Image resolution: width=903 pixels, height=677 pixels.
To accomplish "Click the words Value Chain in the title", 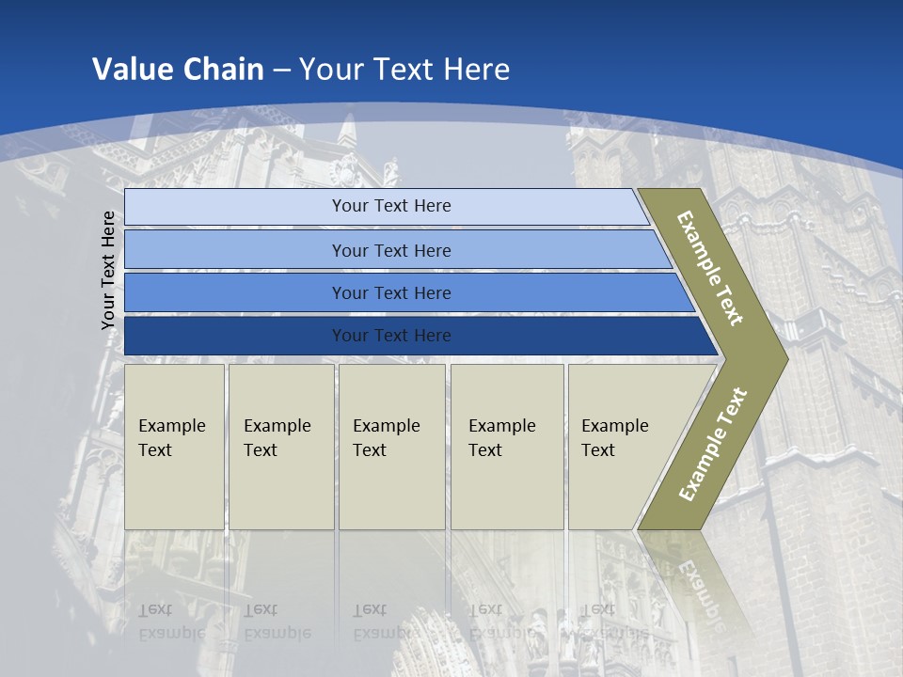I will [178, 69].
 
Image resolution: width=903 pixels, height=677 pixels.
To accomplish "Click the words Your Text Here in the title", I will [404, 69].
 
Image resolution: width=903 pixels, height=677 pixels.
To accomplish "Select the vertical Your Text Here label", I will [108, 270].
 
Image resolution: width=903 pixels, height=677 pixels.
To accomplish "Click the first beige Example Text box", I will [174, 447].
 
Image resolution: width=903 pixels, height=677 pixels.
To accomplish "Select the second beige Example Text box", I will [280, 447].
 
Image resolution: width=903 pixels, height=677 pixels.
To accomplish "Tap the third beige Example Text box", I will [391, 447].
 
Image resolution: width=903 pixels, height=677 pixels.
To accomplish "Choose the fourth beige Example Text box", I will [506, 447].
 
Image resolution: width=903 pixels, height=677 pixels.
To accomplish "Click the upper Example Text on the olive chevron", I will [710, 268].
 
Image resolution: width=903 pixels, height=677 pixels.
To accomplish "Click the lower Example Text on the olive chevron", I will [713, 444].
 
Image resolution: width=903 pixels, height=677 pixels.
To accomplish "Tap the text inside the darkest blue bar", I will [391, 336].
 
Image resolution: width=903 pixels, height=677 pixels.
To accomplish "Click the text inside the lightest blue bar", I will [391, 206].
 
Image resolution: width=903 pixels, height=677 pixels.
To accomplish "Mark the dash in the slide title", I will [281, 70].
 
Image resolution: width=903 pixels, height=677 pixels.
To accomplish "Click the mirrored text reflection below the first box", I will [171, 622].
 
